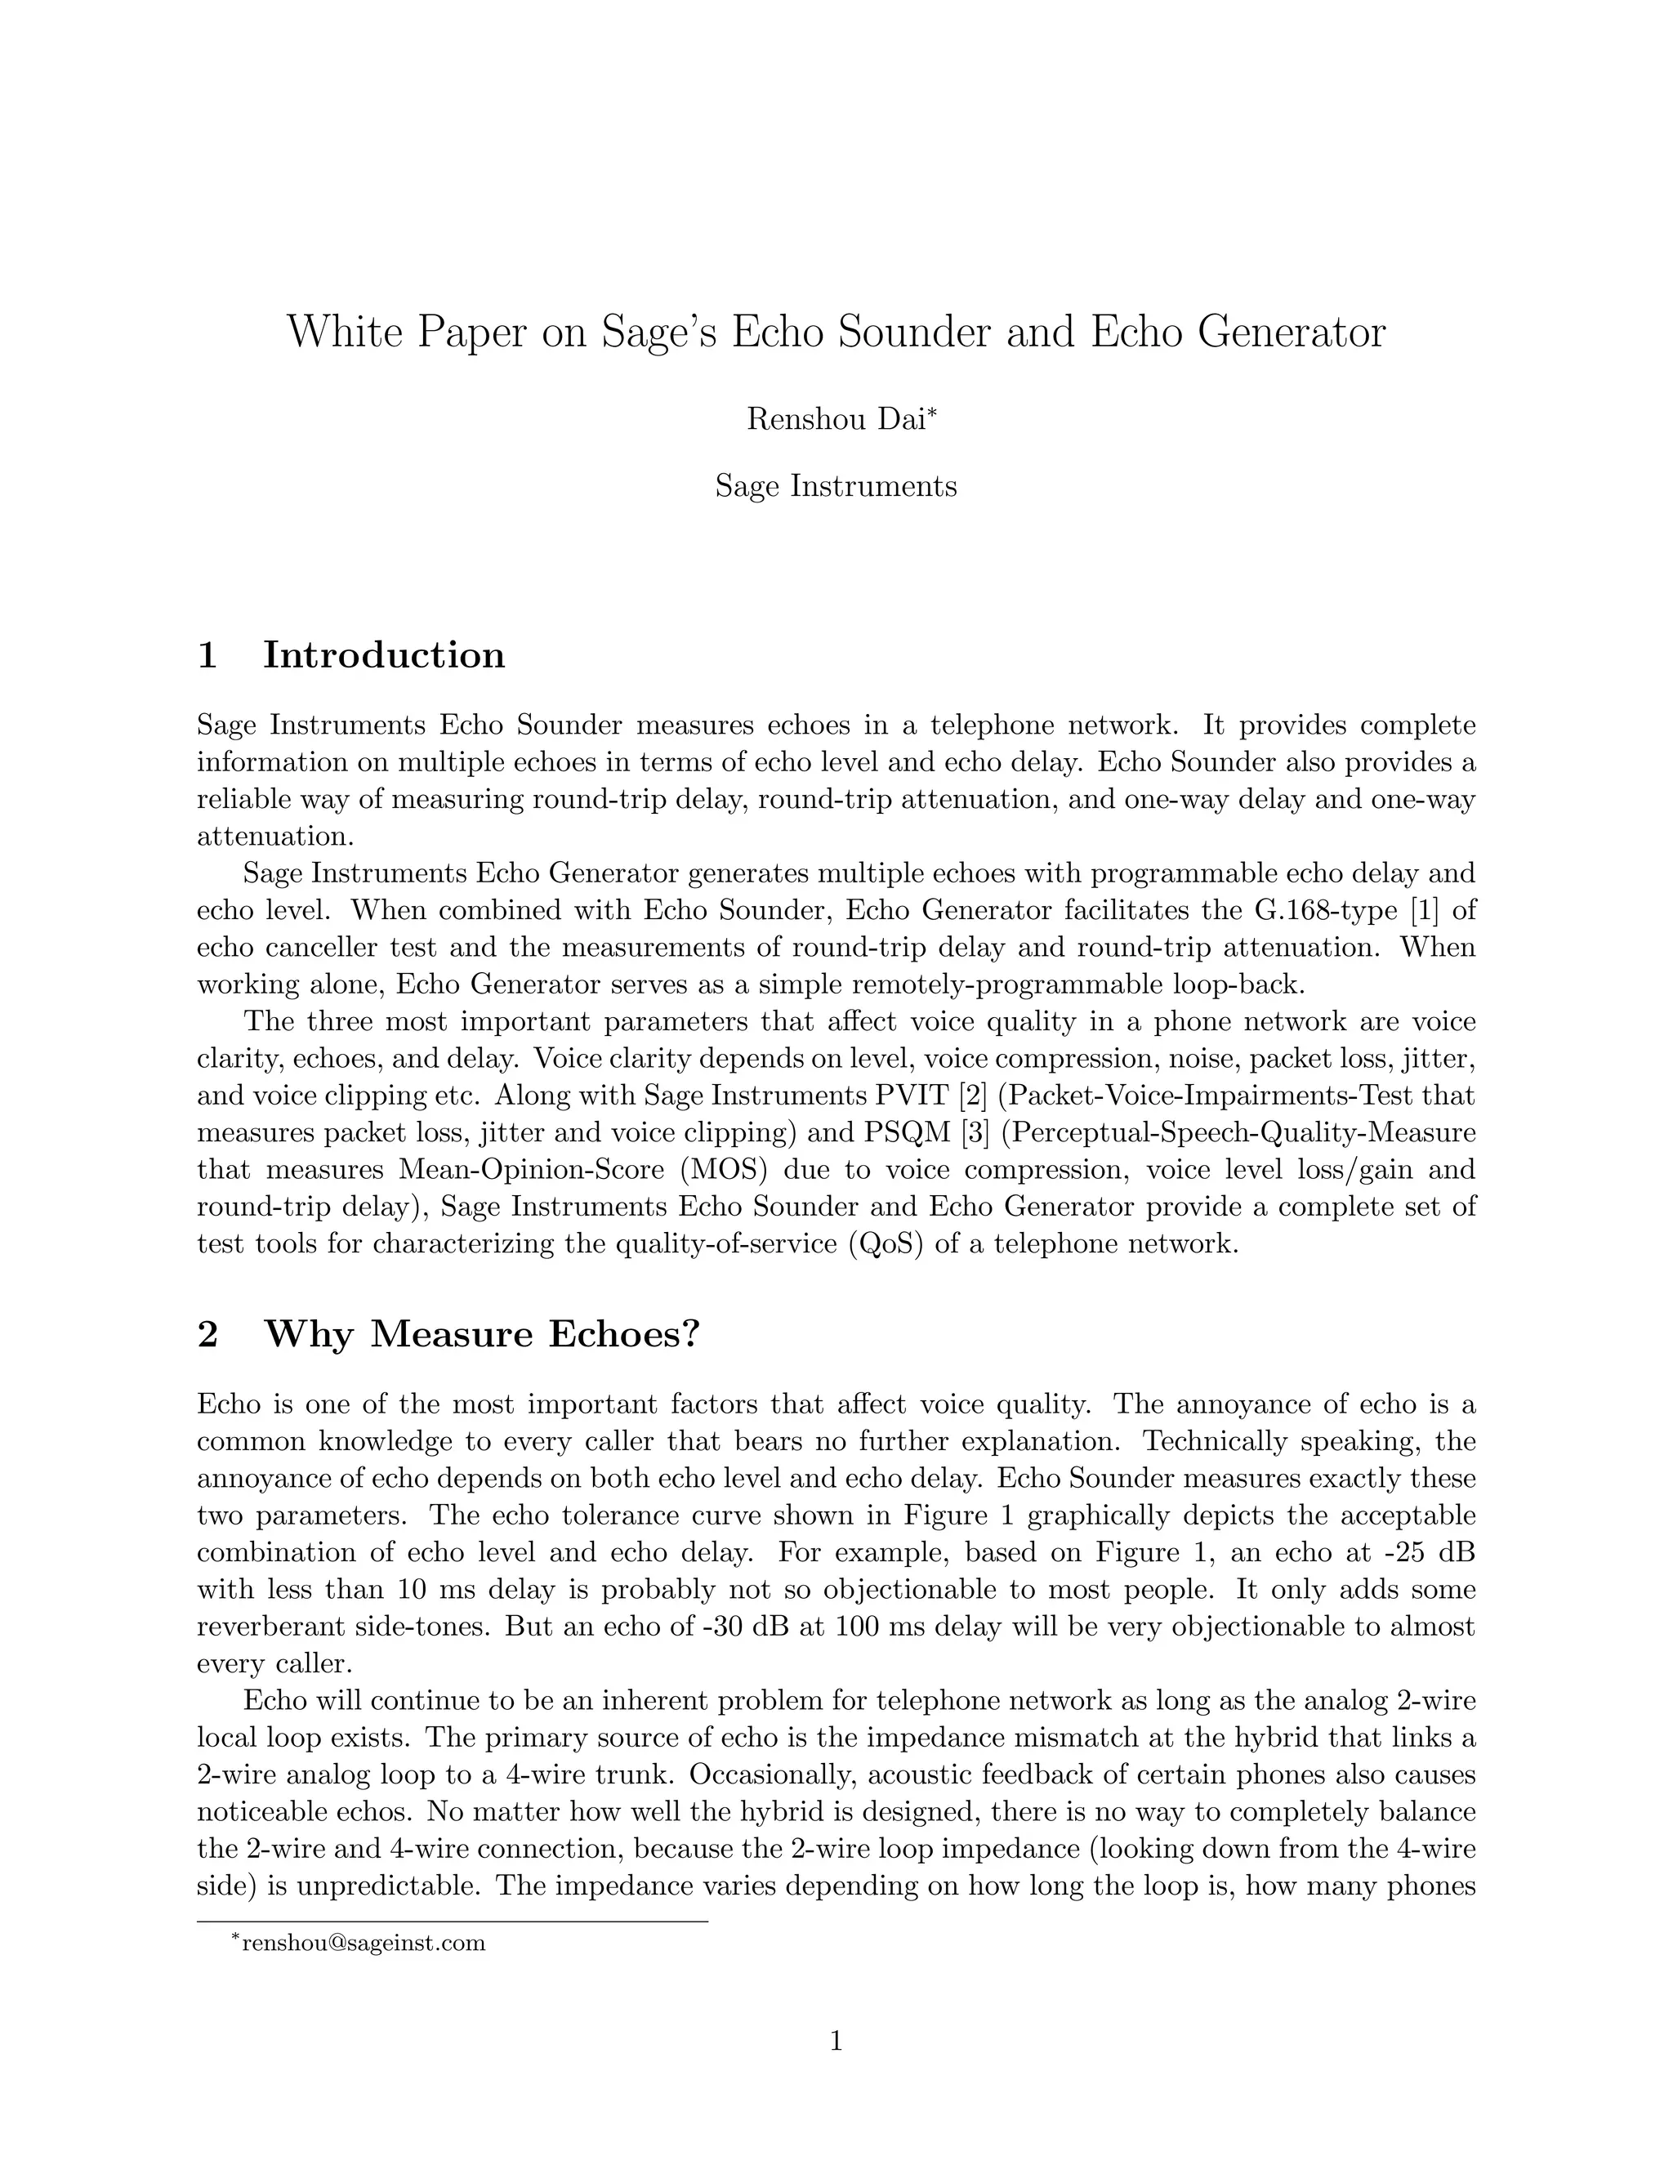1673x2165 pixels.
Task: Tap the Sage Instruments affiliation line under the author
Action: (x=836, y=486)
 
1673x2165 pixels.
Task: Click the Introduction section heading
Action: (x=384, y=655)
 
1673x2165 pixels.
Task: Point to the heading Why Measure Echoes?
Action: (x=482, y=1334)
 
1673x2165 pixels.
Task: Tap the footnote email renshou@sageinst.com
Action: (x=364, y=1942)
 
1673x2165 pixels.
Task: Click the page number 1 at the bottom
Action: (x=836, y=2041)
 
